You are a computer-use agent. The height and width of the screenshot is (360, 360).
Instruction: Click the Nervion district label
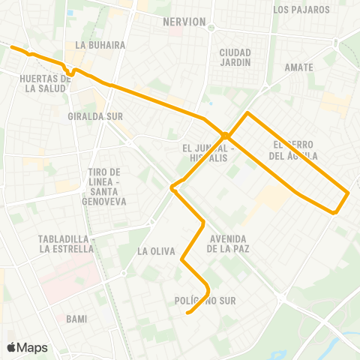click(184, 22)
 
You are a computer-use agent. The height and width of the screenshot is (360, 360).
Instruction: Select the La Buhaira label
click(94, 45)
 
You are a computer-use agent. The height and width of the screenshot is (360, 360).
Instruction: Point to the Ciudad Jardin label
click(235, 57)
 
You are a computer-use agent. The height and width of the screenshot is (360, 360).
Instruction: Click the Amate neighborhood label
click(298, 67)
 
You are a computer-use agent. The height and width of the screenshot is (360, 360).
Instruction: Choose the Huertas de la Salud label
click(46, 83)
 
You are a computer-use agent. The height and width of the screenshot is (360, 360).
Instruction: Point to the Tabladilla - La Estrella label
click(65, 244)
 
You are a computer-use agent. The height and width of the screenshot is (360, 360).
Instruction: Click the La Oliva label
click(157, 251)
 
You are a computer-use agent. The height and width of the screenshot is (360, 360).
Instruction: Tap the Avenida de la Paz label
click(233, 244)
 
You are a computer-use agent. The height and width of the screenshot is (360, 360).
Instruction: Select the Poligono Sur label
click(205, 301)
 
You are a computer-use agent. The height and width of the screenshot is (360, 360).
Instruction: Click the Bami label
click(76, 319)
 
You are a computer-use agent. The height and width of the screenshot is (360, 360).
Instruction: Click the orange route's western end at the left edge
click(10, 47)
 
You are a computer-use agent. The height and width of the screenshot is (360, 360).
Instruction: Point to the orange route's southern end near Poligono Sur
click(187, 313)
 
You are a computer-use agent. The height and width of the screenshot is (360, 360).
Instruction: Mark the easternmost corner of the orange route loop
click(349, 193)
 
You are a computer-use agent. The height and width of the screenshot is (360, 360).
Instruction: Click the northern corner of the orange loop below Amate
click(249, 113)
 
